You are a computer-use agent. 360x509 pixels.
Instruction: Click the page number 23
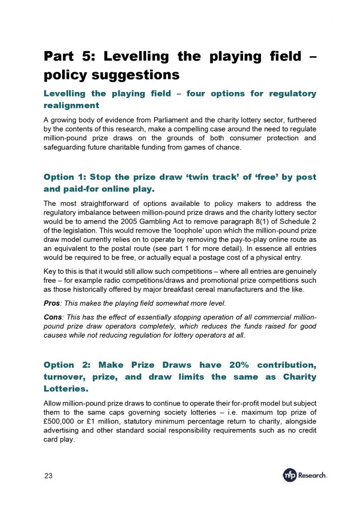(x=48, y=476)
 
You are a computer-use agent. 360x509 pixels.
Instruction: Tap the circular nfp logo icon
(x=289, y=475)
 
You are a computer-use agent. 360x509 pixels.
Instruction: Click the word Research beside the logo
(x=312, y=476)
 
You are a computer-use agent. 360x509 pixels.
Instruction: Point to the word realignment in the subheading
(x=72, y=105)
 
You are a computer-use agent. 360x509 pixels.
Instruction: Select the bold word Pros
(x=52, y=303)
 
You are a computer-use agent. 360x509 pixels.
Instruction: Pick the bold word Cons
(x=53, y=317)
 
